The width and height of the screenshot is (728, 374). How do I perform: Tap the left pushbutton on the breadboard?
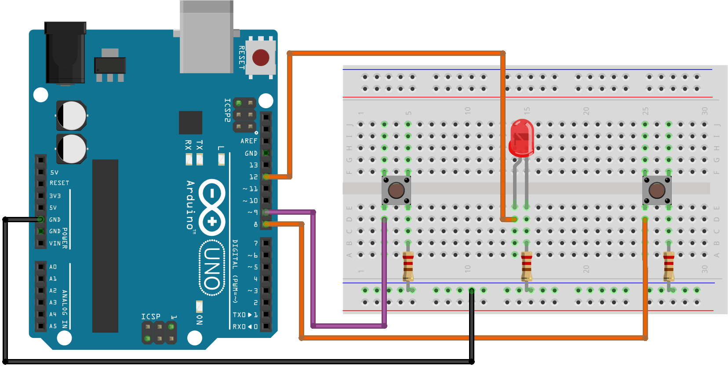396,191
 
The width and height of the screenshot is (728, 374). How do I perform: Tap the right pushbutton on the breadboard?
657,191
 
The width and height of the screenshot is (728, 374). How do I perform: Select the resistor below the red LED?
526,266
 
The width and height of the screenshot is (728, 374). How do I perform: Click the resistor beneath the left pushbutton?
408,266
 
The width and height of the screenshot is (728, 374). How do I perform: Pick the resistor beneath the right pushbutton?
669,266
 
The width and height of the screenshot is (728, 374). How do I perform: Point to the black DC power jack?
65,53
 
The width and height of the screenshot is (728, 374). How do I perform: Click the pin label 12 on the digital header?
253,177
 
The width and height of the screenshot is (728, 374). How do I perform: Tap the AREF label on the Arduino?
248,141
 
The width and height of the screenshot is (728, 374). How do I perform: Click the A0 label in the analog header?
53,267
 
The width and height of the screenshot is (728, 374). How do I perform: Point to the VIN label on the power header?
55,243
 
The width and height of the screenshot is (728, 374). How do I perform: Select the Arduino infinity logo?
212,207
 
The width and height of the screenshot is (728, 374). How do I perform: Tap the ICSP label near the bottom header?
151,317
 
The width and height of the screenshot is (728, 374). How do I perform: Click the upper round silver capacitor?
71,116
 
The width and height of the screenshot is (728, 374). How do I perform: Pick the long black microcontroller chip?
105,246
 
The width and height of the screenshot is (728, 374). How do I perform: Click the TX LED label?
200,145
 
